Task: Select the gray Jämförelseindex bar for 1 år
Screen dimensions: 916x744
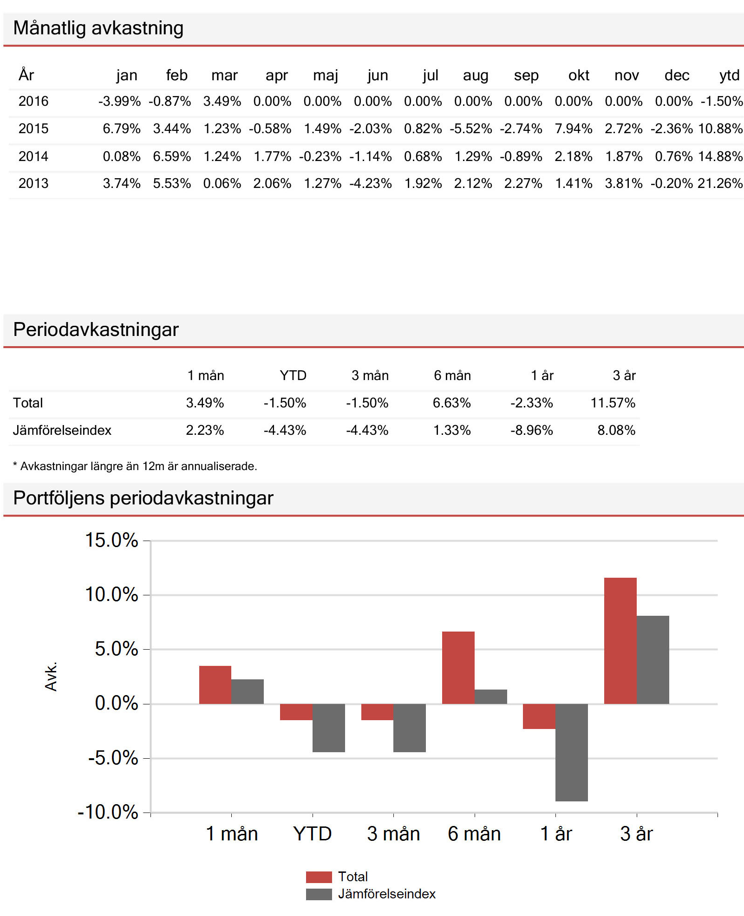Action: point(571,752)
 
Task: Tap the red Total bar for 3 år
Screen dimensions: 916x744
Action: point(620,640)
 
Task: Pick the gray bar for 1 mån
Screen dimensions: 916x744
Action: point(248,691)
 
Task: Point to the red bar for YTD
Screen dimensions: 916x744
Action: point(296,712)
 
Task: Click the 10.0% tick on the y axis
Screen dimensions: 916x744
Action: point(112,594)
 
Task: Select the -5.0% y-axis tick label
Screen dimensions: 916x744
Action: point(113,758)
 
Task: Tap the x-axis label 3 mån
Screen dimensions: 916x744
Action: point(393,834)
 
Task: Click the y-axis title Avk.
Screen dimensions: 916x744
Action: point(51,676)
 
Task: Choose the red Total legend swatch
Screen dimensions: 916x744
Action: point(319,877)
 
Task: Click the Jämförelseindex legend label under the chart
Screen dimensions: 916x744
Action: point(386,894)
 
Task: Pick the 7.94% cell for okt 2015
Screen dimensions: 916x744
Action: point(573,129)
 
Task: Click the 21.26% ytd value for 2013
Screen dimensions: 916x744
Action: point(720,183)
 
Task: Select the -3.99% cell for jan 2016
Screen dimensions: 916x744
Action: point(119,101)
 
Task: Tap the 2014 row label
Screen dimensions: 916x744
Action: point(33,156)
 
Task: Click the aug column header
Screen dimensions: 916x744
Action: point(476,75)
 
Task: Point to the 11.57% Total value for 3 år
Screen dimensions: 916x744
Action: point(613,403)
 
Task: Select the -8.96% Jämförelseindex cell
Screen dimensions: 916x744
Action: point(531,430)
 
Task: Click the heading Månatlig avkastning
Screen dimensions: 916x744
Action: point(98,28)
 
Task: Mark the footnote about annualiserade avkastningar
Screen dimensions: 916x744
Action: point(135,466)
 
